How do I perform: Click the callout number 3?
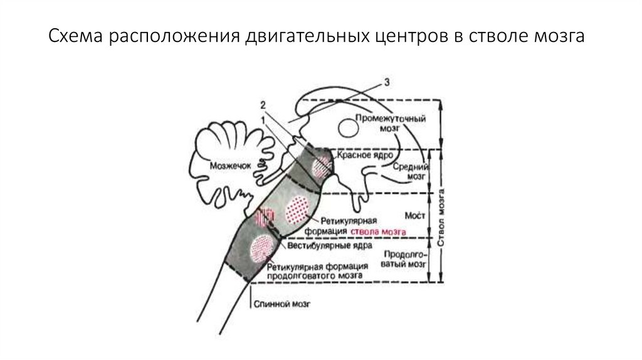[x=387, y=82]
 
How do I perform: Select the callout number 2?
[x=264, y=104]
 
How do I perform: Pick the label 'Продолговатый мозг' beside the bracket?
[x=404, y=259]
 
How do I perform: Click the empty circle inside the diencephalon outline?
[x=347, y=127]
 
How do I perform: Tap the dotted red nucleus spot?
[x=323, y=166]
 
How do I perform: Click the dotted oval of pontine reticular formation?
[x=297, y=210]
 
